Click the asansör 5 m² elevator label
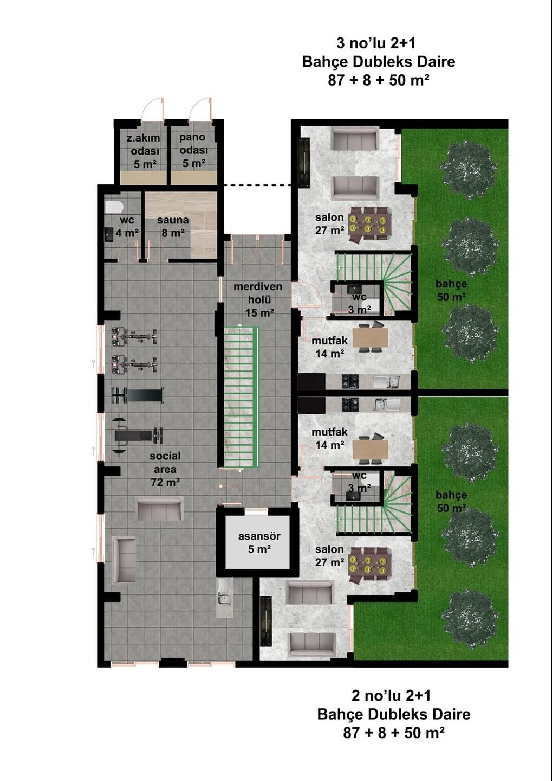pos(259,542)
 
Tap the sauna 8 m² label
pos(173,226)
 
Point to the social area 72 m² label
pos(165,469)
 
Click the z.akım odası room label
pos(144,151)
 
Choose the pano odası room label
pos(193,150)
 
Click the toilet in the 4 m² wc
pos(114,207)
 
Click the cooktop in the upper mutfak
pos(350,381)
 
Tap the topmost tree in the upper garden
pos(469,162)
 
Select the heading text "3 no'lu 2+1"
pos(376,43)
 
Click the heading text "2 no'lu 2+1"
pos(391,695)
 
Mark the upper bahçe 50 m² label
pos(451,290)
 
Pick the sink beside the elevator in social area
pos(224,593)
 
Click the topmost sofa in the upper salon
pos(355,139)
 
